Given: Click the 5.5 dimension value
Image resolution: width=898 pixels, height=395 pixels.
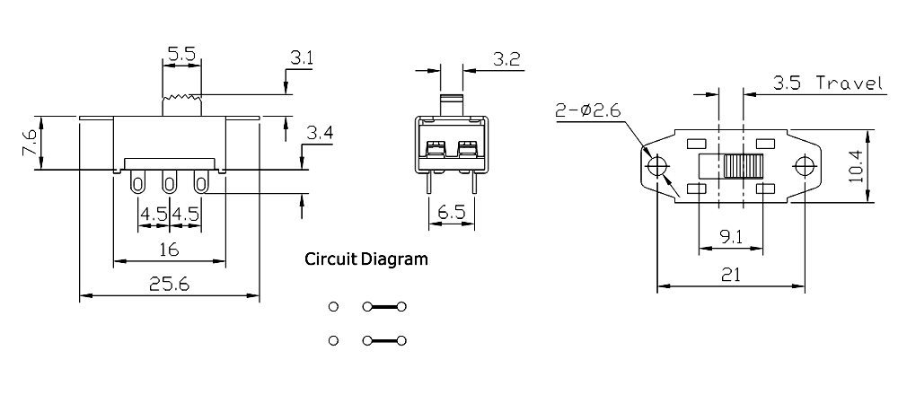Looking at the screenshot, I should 181,54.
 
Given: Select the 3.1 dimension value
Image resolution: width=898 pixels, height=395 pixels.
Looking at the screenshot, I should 302,59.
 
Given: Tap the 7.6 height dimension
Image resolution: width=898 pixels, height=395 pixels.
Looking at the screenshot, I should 30,144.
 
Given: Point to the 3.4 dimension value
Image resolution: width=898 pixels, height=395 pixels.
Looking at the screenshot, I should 320,135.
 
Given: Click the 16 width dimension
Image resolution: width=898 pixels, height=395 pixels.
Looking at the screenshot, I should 168,249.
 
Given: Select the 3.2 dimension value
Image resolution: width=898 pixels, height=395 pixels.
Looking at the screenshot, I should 507,60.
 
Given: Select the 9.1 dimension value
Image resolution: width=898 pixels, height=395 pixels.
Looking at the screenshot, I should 730,240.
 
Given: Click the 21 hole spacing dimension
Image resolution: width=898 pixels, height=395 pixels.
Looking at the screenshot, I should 730,276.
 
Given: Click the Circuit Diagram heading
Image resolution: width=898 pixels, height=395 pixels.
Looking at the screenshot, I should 366,260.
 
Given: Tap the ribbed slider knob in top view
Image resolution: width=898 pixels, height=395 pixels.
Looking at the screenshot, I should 744,168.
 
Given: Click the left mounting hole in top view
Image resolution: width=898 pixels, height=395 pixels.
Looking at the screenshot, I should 656,167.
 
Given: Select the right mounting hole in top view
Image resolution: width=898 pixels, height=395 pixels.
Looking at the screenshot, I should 805,167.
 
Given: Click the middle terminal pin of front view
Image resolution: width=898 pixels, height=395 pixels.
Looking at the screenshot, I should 168,185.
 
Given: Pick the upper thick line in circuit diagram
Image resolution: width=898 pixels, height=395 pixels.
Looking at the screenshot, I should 384,307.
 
